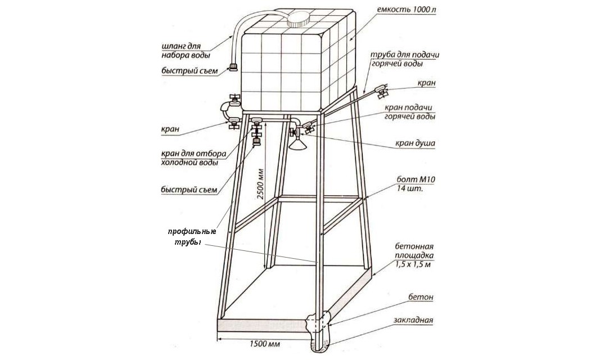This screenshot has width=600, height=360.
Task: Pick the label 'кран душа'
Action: [415, 144]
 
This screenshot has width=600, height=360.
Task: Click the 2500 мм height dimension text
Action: [260, 183]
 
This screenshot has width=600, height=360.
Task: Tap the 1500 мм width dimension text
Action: [265, 344]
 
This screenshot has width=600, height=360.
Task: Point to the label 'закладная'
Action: [414, 320]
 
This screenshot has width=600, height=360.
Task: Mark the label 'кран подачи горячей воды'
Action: [410, 112]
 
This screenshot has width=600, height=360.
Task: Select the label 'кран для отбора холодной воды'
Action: [193, 157]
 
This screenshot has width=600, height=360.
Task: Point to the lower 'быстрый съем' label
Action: [189, 190]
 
